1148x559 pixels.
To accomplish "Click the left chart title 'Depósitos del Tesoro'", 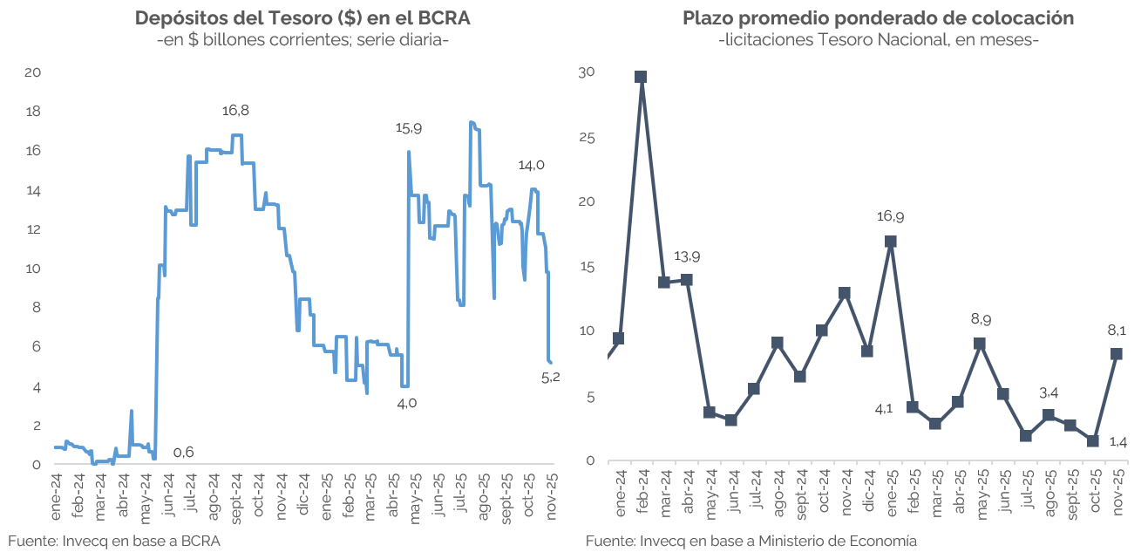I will (x=302, y=18).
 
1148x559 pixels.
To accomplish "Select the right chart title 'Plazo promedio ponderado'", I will (x=878, y=18).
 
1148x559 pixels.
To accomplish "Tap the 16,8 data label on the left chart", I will (x=235, y=111).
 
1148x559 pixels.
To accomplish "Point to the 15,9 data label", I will (x=409, y=128).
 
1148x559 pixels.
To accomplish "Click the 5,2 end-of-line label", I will (x=551, y=377).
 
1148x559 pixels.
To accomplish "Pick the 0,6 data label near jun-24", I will (x=183, y=452).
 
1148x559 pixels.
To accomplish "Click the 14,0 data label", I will (x=531, y=165).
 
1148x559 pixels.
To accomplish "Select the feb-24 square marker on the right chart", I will (x=641, y=77).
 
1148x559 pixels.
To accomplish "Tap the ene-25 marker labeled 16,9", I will (x=890, y=242).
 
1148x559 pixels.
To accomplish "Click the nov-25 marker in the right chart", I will (x=1116, y=353).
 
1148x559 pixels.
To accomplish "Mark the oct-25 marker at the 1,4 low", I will (x=1093, y=440).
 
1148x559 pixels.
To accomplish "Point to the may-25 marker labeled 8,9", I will (x=980, y=344).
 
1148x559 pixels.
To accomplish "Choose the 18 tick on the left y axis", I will (x=34, y=112).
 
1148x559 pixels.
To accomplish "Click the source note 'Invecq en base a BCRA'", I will (x=114, y=541).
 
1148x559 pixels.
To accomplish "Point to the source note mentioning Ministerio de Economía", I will (x=751, y=541).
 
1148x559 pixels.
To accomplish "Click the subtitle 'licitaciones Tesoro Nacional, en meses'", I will (x=878, y=40).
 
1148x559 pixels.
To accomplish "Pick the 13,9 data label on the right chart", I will (x=687, y=257).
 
